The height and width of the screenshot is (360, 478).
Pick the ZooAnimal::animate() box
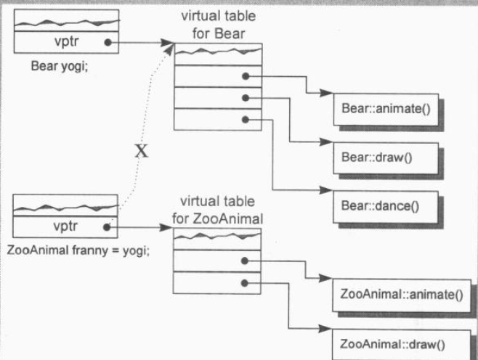tap(400, 295)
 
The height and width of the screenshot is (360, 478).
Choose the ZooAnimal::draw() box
tap(400, 342)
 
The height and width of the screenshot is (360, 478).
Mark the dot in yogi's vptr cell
tap(108, 43)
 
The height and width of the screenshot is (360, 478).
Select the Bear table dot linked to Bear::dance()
tap(246, 119)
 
